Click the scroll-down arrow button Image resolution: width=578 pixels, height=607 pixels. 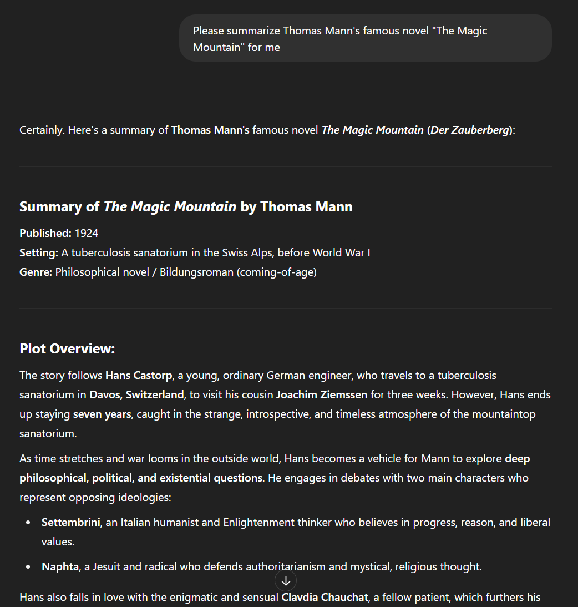(286, 581)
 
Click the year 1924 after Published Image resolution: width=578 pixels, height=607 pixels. (87, 233)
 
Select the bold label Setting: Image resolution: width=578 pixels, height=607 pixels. (39, 252)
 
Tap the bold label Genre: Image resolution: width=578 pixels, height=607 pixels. (36, 272)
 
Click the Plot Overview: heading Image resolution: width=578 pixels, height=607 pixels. (67, 348)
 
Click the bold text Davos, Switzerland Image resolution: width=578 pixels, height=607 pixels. (136, 394)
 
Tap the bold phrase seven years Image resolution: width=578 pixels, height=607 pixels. (102, 414)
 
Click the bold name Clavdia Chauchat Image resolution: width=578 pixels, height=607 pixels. (325, 597)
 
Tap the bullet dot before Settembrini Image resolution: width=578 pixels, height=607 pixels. (28, 523)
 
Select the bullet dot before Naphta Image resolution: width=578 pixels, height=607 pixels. (28, 567)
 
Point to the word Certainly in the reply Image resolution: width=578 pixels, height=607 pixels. (42, 130)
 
